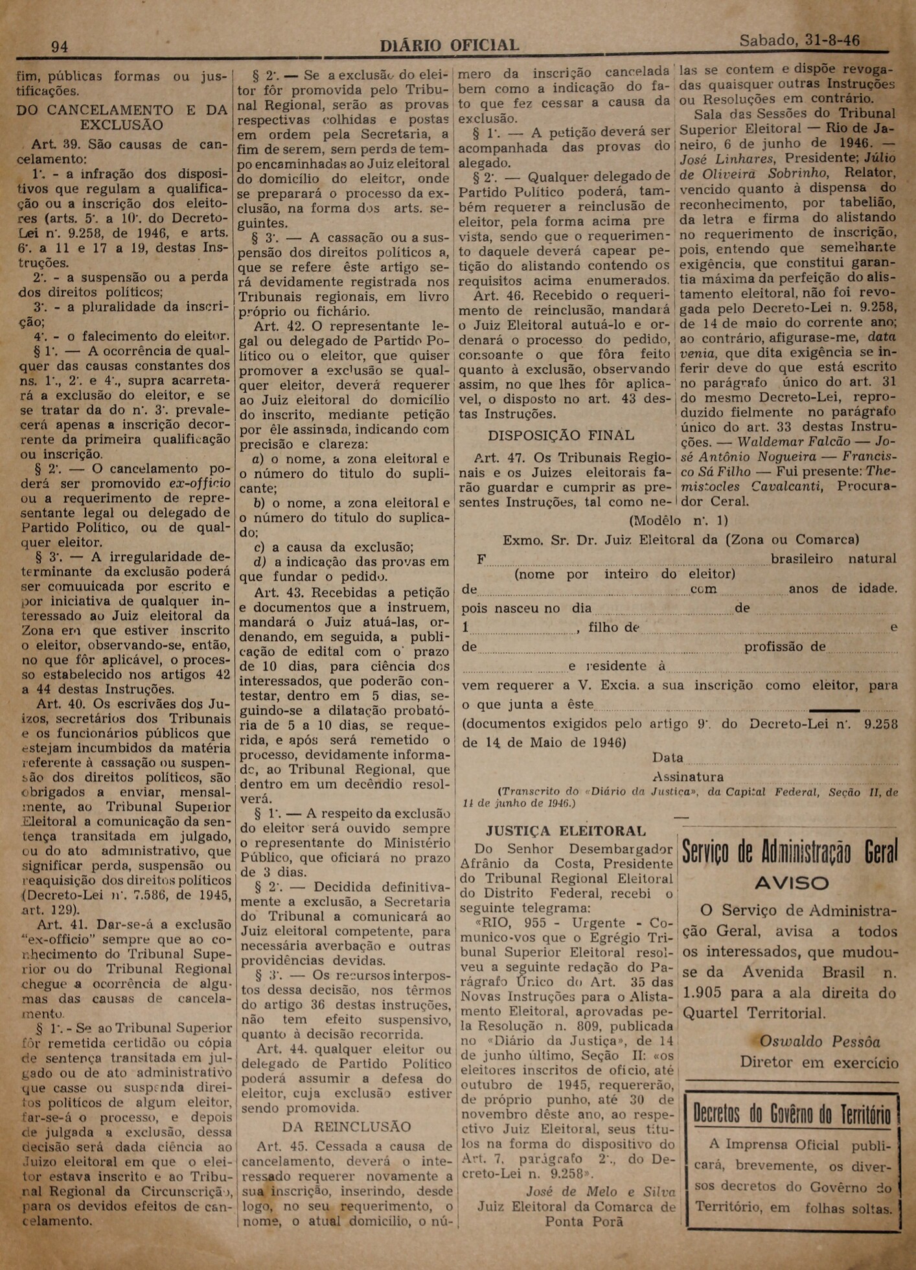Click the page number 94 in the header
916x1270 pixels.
[60, 46]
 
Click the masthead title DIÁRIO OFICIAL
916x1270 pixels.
[449, 45]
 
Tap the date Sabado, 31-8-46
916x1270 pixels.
[799, 40]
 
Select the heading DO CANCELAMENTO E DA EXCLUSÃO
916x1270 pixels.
[122, 117]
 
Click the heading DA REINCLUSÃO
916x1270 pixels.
[346, 1127]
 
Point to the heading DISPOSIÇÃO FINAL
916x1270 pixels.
[560, 435]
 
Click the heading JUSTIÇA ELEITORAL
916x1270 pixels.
[566, 831]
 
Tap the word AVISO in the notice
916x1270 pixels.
[791, 883]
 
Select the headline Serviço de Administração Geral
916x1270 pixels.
[790, 853]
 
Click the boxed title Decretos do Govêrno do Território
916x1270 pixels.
[792, 1114]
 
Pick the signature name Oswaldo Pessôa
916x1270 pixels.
[819, 1042]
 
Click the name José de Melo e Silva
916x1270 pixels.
[601, 1192]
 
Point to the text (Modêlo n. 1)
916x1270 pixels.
[678, 520]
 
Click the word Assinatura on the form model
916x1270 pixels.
[687, 777]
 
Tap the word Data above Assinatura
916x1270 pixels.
[667, 757]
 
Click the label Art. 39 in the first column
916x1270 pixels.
[51, 144]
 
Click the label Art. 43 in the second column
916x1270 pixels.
[279, 592]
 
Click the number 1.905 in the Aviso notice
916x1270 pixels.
[707, 993]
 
